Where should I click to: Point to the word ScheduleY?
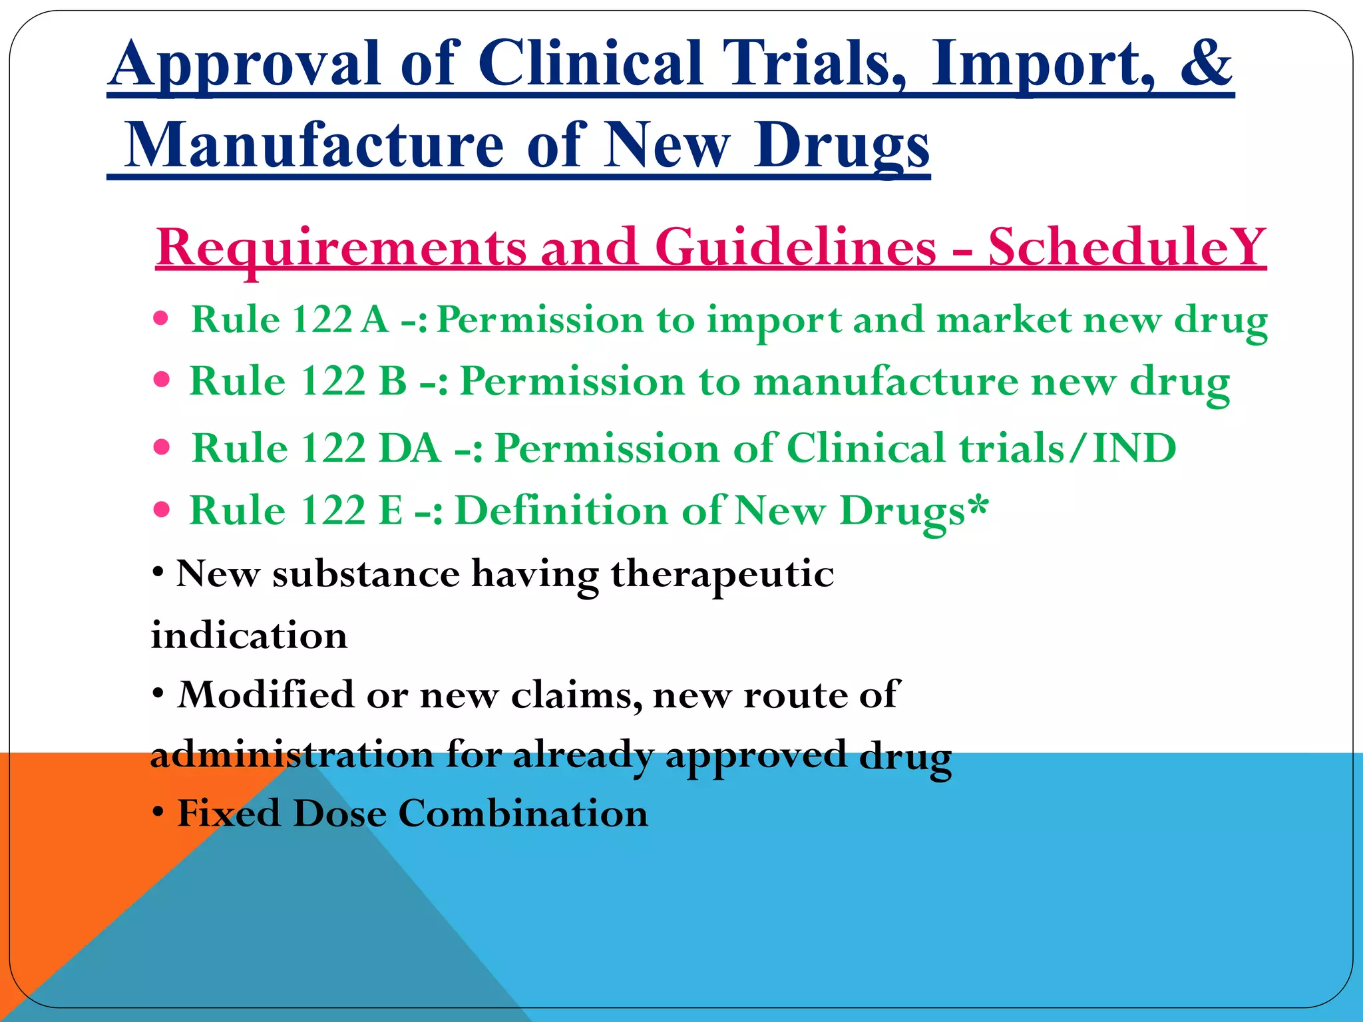(x=1127, y=248)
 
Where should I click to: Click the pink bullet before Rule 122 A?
(x=160, y=318)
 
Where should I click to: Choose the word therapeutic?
(x=722, y=574)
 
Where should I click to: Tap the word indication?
(x=249, y=635)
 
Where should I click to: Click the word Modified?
(x=266, y=695)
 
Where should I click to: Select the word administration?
(x=292, y=755)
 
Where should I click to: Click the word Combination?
(x=523, y=813)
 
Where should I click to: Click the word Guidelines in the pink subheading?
(x=796, y=248)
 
